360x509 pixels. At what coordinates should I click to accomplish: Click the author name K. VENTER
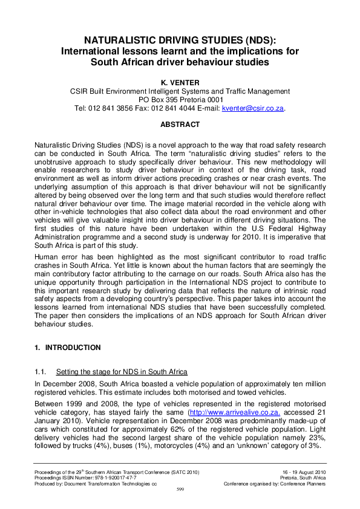click(180, 80)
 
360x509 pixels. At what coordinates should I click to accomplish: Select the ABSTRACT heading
click(180, 124)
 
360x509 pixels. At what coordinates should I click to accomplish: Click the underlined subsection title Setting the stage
click(121, 371)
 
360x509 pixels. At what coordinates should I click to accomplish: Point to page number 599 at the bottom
click(180, 489)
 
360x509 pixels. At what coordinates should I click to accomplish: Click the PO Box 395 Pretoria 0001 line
click(180, 99)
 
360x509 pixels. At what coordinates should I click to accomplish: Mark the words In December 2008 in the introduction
click(64, 383)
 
